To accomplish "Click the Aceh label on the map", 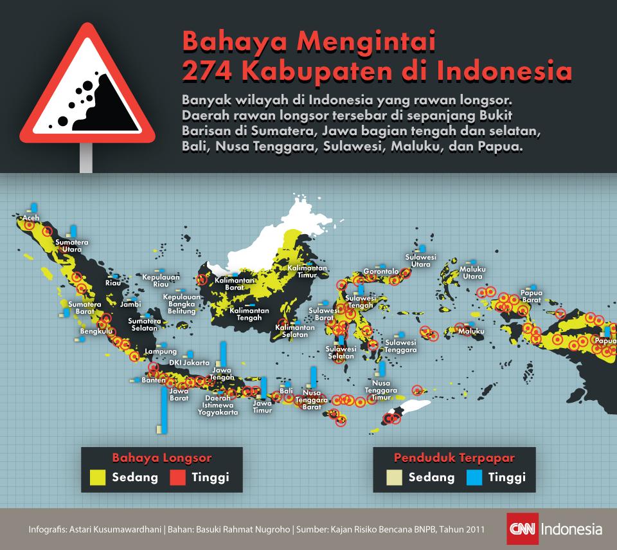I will click(30, 219).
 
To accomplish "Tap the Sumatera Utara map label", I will click(71, 246).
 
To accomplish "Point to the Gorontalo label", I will click(381, 271).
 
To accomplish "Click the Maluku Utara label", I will click(472, 273).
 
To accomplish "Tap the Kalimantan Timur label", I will click(307, 271).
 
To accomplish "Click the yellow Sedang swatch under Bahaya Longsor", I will click(98, 477).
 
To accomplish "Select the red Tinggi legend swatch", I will click(178, 477).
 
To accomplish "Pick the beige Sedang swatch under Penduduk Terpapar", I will click(394, 477).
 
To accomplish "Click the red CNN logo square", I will click(522, 530).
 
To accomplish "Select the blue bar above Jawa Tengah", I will click(223, 353).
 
